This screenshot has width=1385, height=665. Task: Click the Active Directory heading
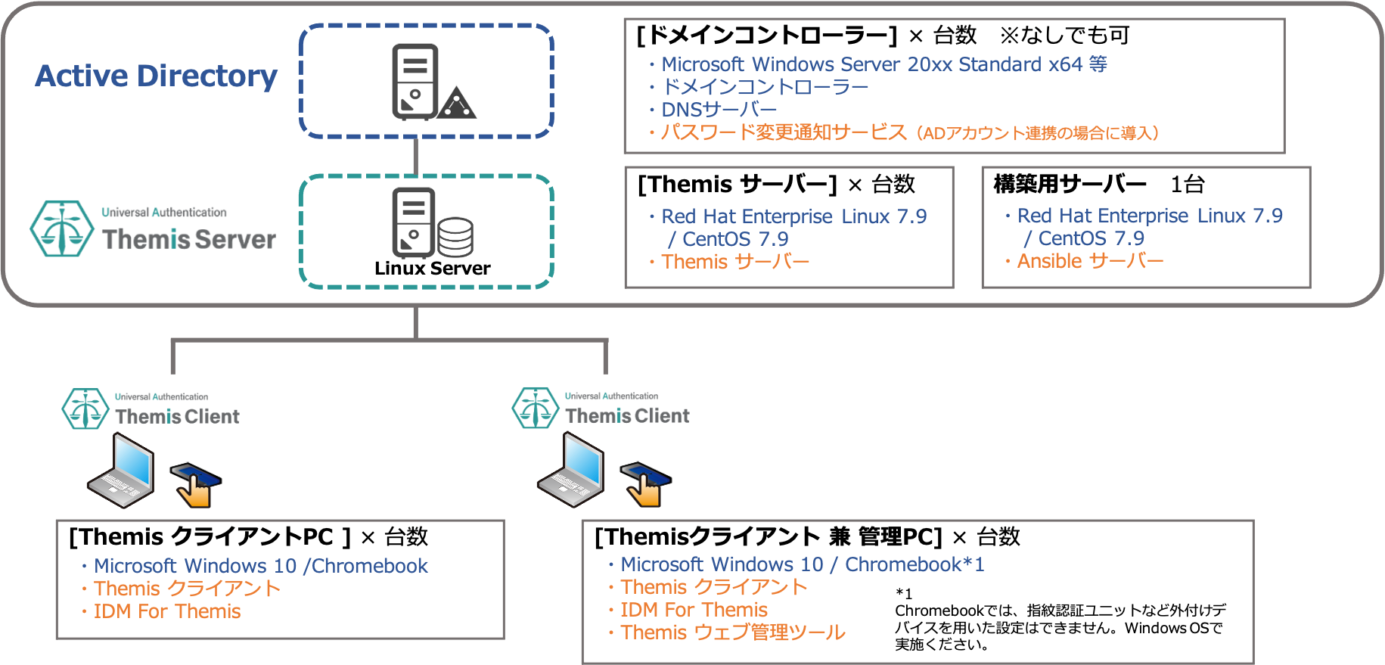157,76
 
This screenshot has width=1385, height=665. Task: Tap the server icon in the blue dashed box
415,81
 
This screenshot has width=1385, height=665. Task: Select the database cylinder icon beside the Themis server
455,237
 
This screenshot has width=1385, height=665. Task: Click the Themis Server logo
153,228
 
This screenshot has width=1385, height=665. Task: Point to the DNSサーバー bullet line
719,110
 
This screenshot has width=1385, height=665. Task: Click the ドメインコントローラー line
765,87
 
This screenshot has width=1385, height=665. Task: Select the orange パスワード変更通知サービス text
783,132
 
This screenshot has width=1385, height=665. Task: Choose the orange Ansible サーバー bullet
1090,261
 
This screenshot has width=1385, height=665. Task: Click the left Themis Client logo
153,409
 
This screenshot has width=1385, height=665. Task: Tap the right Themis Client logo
603,409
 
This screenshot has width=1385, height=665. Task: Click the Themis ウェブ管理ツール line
732,632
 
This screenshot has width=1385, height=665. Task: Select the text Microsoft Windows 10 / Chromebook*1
802,564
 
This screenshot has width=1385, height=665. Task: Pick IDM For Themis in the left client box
167,611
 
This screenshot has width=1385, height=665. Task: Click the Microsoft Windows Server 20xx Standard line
883,64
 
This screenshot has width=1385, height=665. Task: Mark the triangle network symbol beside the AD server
457,104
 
